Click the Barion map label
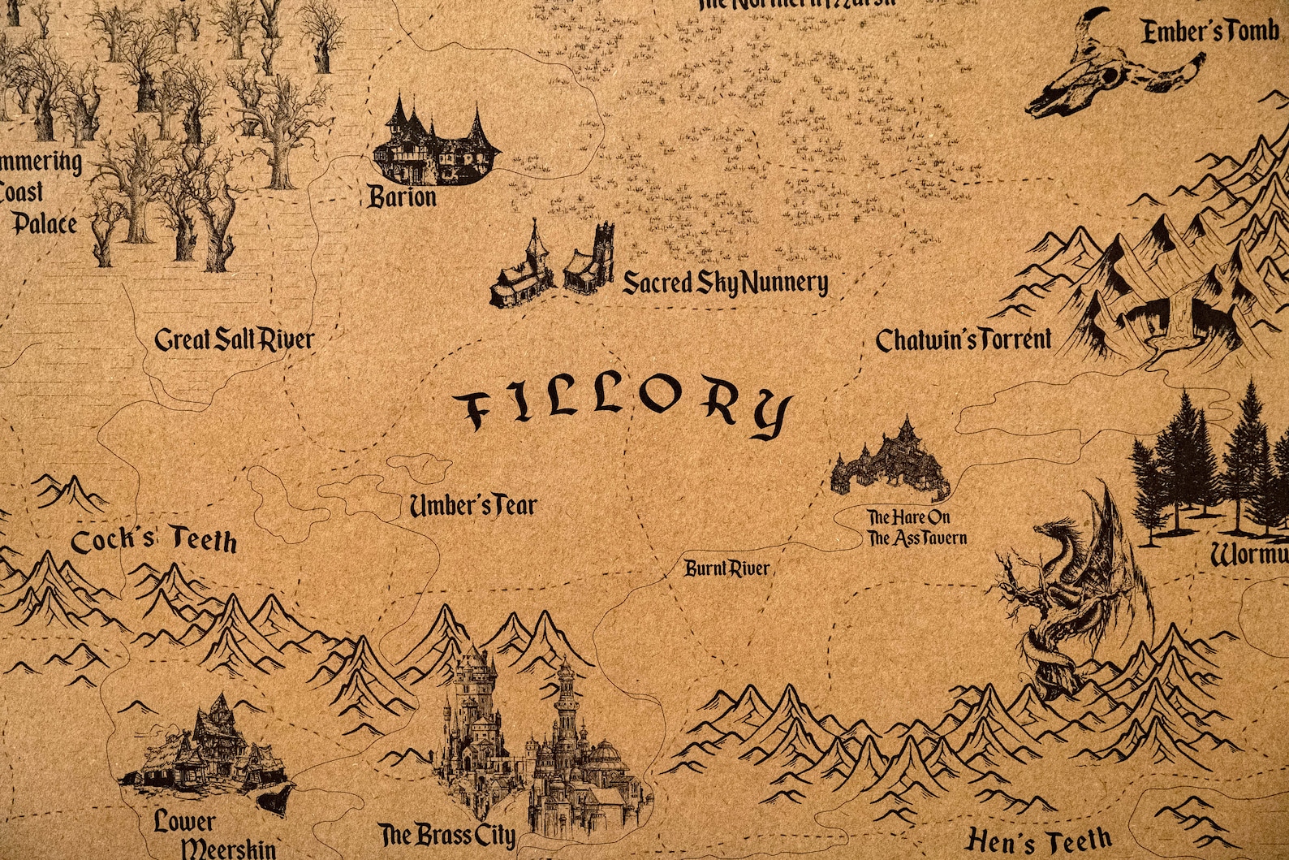[403, 197]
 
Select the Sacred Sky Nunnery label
[725, 283]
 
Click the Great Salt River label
[234, 339]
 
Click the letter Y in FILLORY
[770, 415]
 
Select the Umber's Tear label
[472, 506]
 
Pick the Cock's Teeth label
[154, 542]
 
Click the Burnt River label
[726, 568]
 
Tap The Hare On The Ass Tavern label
[916, 528]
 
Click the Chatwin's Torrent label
[963, 339]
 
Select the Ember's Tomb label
[1209, 32]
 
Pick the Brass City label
[447, 835]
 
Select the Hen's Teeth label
[1039, 840]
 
